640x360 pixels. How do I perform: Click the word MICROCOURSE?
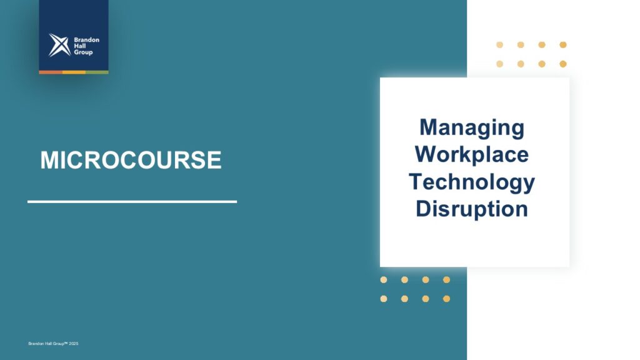131,159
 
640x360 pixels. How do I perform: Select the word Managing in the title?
472,128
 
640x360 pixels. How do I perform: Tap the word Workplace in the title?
472,154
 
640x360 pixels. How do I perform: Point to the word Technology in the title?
472,182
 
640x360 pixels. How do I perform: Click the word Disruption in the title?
472,209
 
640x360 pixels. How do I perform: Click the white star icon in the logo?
59,45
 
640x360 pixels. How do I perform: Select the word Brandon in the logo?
86,39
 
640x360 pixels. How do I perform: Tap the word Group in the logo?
83,52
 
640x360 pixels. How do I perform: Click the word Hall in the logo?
79,46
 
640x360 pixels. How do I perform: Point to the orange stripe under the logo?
51,72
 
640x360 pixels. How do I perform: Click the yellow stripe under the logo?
74,72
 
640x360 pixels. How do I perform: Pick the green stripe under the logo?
97,72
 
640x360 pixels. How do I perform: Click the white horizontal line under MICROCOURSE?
132,202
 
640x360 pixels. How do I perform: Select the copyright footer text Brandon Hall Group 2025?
53,344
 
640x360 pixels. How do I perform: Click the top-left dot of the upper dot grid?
499,45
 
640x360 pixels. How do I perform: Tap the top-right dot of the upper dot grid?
563,45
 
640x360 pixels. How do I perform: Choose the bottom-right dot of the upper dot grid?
563,64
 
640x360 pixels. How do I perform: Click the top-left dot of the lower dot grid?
384,279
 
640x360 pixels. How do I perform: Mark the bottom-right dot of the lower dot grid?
446,299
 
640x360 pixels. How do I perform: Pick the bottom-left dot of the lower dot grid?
384,299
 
